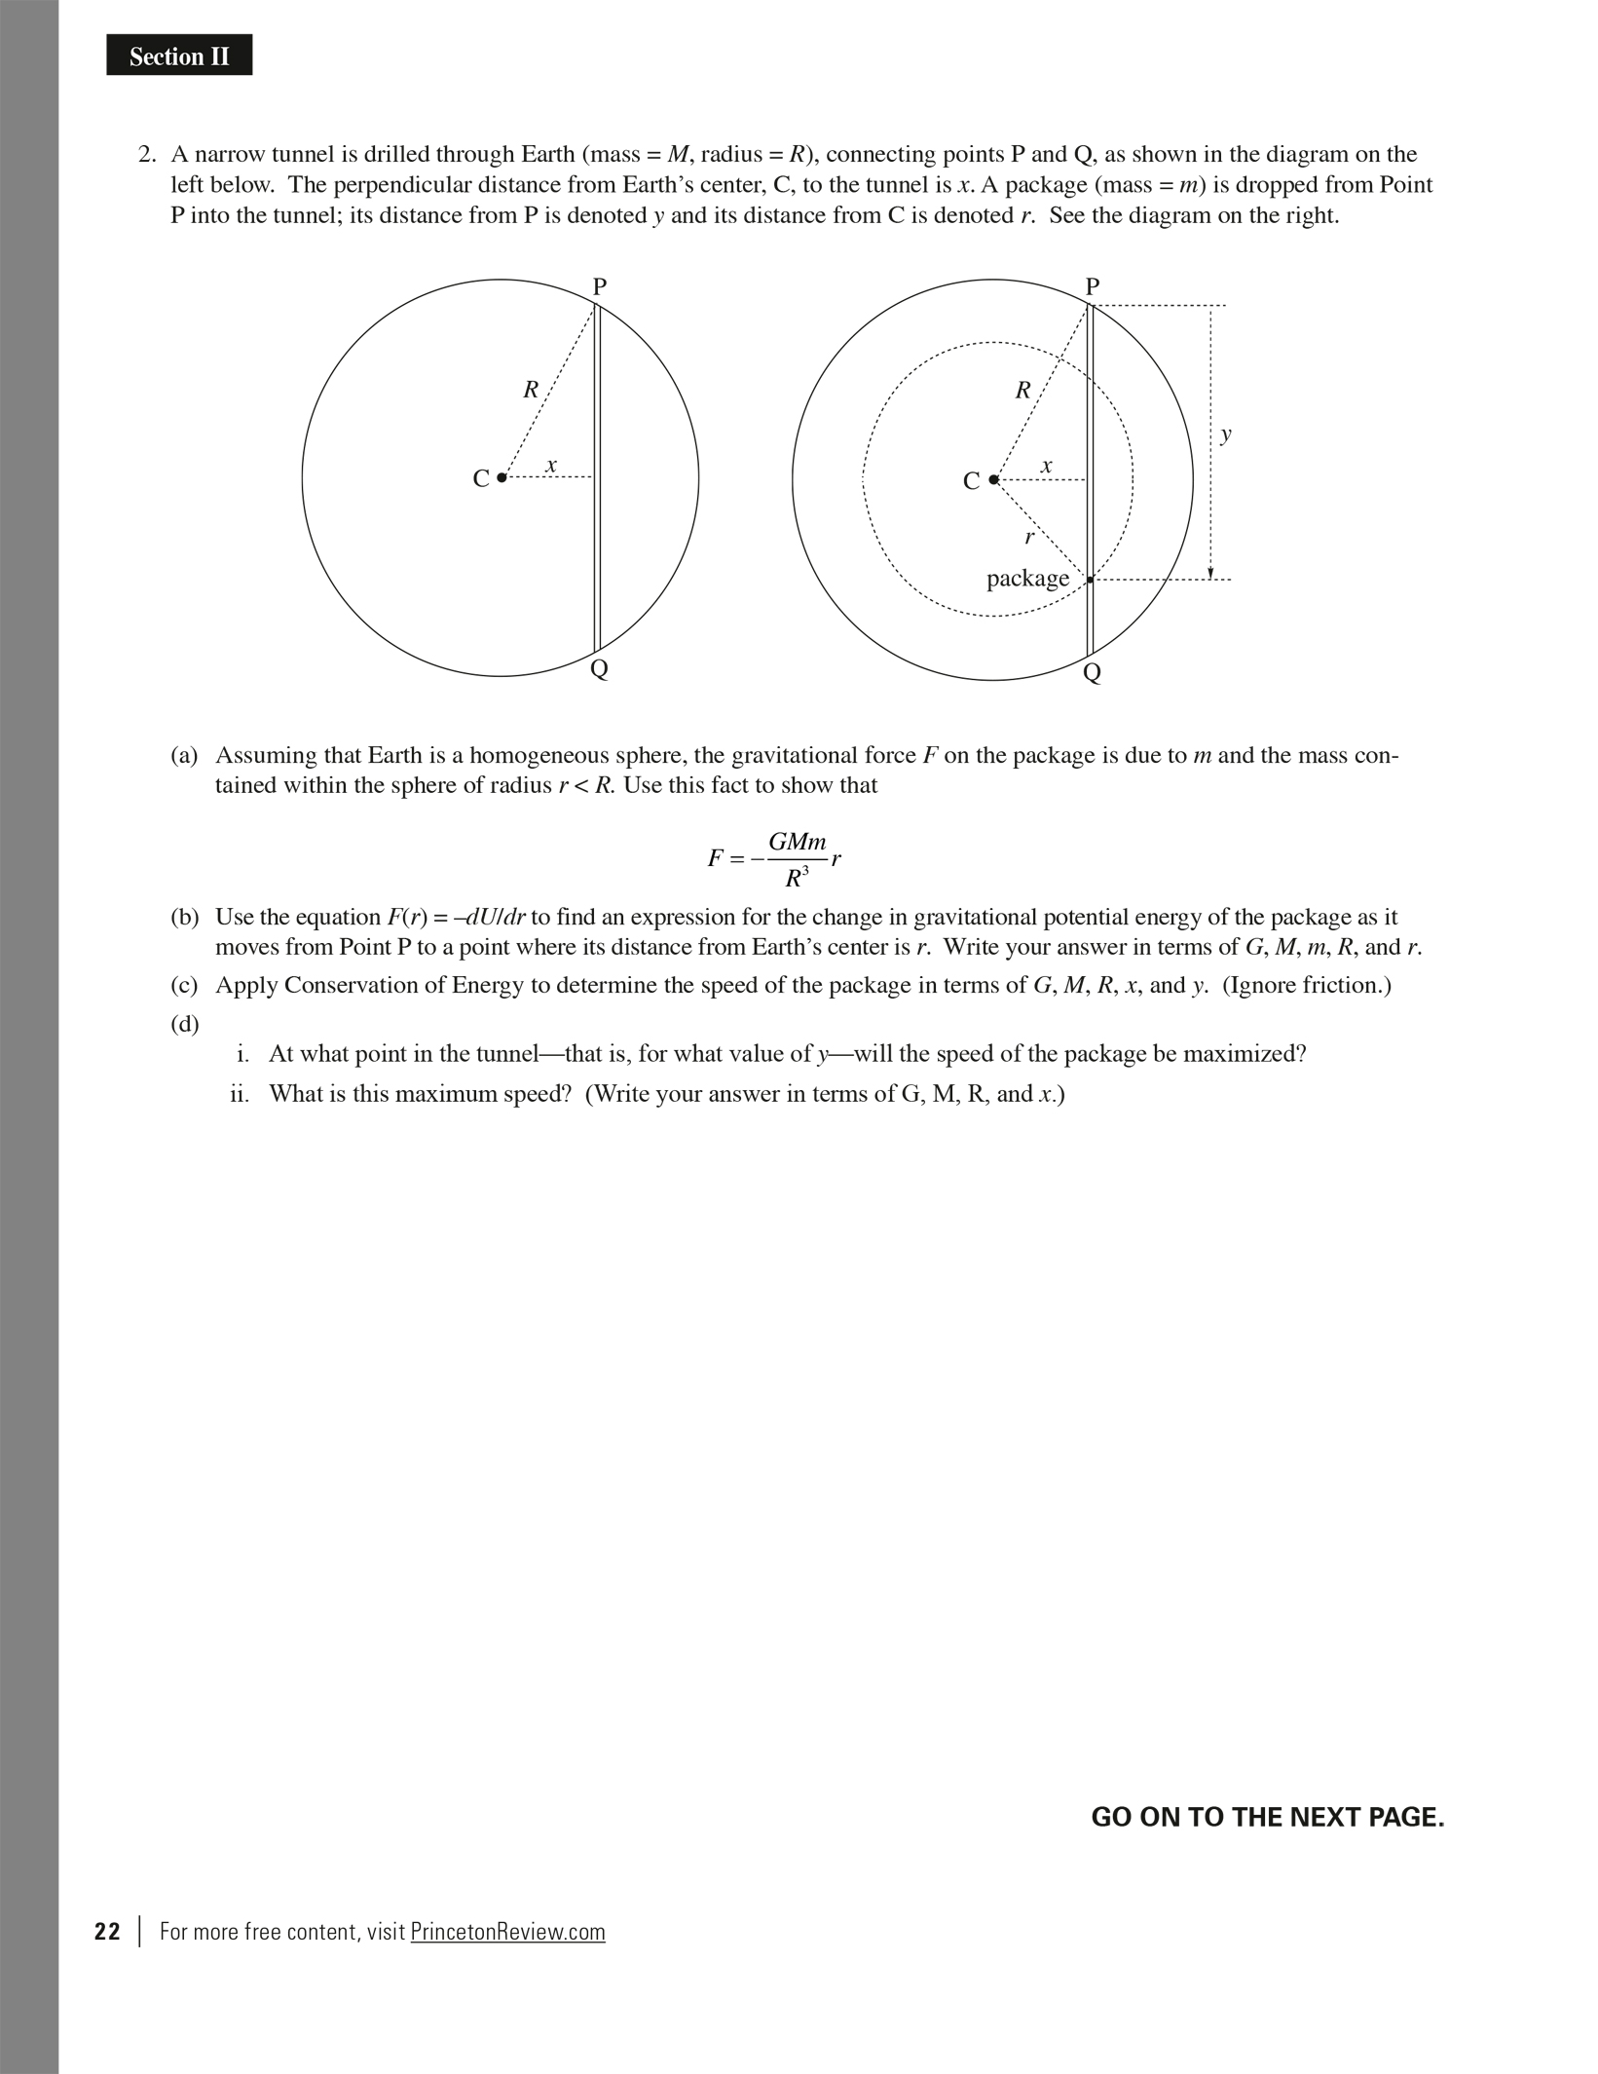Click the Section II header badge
[x=179, y=57]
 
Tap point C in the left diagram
[x=502, y=477]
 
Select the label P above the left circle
[x=600, y=286]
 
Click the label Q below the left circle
[x=600, y=669]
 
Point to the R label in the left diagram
[x=531, y=391]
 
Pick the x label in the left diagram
[x=551, y=466]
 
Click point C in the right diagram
[x=993, y=479]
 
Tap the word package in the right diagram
[x=1027, y=579]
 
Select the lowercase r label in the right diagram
[x=1028, y=537]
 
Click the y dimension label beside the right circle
[x=1226, y=434]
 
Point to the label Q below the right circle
[x=1092, y=672]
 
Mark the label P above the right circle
[x=1093, y=286]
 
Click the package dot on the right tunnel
[x=1090, y=580]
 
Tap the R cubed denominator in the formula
[x=797, y=878]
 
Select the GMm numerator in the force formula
[x=797, y=842]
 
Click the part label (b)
[x=185, y=918]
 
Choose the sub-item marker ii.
[x=240, y=1094]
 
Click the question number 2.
[x=146, y=155]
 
